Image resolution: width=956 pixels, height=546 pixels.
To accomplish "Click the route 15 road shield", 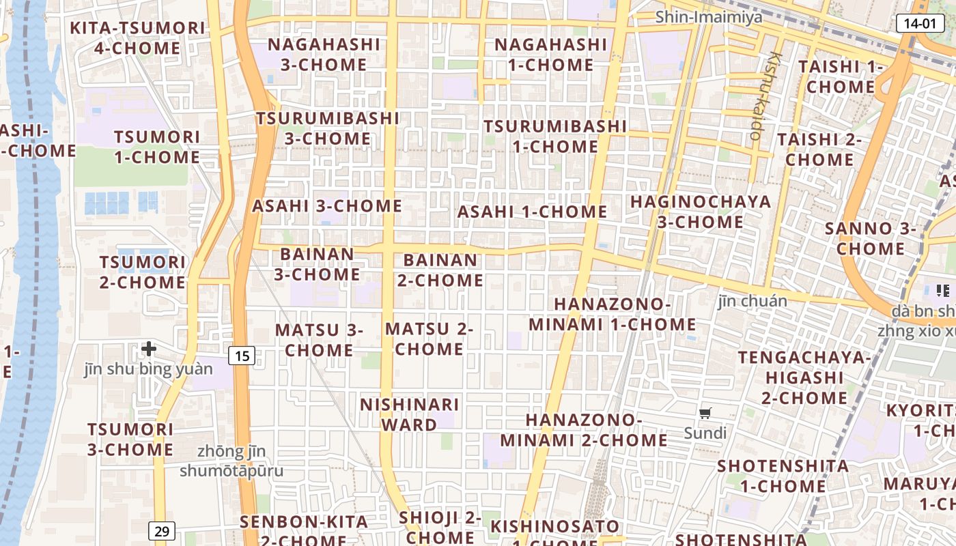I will (x=242, y=355).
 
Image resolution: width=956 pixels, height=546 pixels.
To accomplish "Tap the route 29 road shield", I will (x=161, y=531).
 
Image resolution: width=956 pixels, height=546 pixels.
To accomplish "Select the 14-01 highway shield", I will (x=919, y=23).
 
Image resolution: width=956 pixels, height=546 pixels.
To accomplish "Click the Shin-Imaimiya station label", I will (x=709, y=17).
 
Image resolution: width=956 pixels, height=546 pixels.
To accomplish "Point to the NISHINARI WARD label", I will (x=409, y=414).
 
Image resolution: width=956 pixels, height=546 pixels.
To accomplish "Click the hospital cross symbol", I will (x=149, y=349).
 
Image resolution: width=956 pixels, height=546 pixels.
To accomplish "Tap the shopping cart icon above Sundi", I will (x=705, y=413).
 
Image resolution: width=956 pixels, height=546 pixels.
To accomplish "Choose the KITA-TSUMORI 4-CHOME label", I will (x=138, y=38).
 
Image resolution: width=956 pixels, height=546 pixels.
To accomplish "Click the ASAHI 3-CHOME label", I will (x=327, y=206).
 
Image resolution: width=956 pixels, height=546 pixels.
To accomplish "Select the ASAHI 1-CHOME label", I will (x=532, y=212).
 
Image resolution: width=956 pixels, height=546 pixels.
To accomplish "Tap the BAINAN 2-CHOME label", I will (x=440, y=270).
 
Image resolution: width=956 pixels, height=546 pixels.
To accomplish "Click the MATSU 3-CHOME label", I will (x=319, y=340).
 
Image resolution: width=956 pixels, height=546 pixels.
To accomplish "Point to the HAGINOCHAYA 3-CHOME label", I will (x=701, y=212).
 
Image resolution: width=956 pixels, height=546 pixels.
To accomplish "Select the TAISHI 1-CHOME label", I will (x=841, y=76).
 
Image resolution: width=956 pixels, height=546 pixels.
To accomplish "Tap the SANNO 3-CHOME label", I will (x=870, y=238).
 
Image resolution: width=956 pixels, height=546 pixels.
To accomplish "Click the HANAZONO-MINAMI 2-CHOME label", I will (x=584, y=430).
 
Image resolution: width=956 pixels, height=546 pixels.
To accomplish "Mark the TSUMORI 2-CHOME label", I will (x=142, y=272).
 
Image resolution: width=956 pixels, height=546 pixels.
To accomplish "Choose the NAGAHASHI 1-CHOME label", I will (x=550, y=55).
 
